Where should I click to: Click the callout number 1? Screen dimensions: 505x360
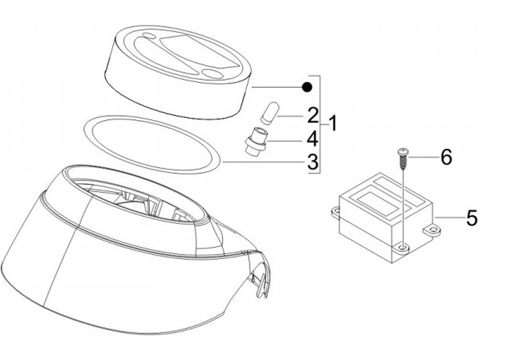coord(332,124)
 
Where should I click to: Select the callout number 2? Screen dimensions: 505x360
coord(313,115)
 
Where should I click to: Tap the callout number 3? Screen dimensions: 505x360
coord(313,162)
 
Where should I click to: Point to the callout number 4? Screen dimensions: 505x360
coord(312,139)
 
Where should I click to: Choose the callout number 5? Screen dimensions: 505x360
coord(472,218)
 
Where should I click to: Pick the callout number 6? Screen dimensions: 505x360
coord(446,157)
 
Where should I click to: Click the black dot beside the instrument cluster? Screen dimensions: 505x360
coord(307,87)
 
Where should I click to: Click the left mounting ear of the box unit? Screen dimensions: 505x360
coord(336,213)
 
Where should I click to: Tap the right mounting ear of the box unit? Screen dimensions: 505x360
coord(432,229)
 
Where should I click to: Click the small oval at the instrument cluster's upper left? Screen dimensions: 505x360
coord(149,35)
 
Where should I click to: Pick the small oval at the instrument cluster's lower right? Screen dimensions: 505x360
coord(213,74)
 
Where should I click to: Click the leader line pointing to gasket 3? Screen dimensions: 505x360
coord(264,162)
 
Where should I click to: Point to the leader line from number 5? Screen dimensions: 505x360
coord(450,218)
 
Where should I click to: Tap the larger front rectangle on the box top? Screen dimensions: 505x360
coord(376,202)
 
